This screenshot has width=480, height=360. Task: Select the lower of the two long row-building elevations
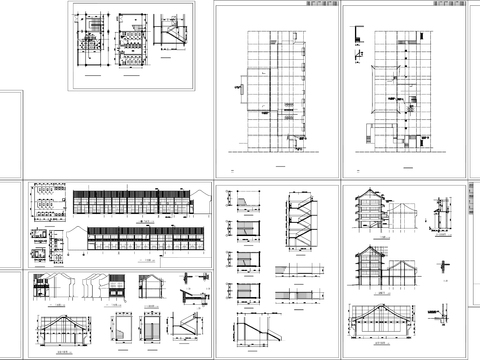pos(145,241)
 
